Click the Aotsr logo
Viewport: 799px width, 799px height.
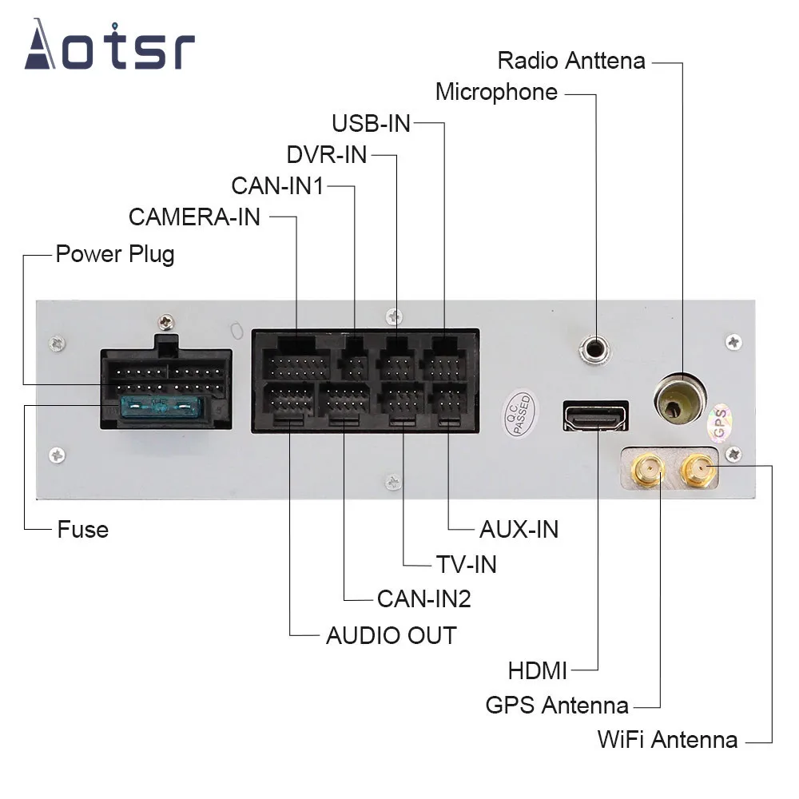coord(109,46)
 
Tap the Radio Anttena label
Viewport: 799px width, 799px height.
coord(570,61)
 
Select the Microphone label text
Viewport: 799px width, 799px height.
coord(496,92)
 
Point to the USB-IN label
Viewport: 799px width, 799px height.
coord(371,123)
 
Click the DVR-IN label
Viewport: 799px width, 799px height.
coord(326,154)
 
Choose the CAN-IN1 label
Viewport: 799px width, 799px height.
coord(277,186)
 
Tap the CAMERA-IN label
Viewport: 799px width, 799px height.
coord(194,217)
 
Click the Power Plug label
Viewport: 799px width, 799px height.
coord(114,255)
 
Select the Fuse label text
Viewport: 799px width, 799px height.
coord(82,529)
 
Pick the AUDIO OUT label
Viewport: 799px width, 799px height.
coord(391,636)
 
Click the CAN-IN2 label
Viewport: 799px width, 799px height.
coord(423,598)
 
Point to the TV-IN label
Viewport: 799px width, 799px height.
coord(466,564)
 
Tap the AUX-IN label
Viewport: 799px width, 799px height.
coord(519,529)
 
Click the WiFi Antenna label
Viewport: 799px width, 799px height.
coord(667,740)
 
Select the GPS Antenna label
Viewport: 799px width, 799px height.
coord(557,706)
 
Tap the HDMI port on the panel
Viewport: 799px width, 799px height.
coord(595,416)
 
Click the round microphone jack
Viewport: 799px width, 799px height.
coord(595,348)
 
